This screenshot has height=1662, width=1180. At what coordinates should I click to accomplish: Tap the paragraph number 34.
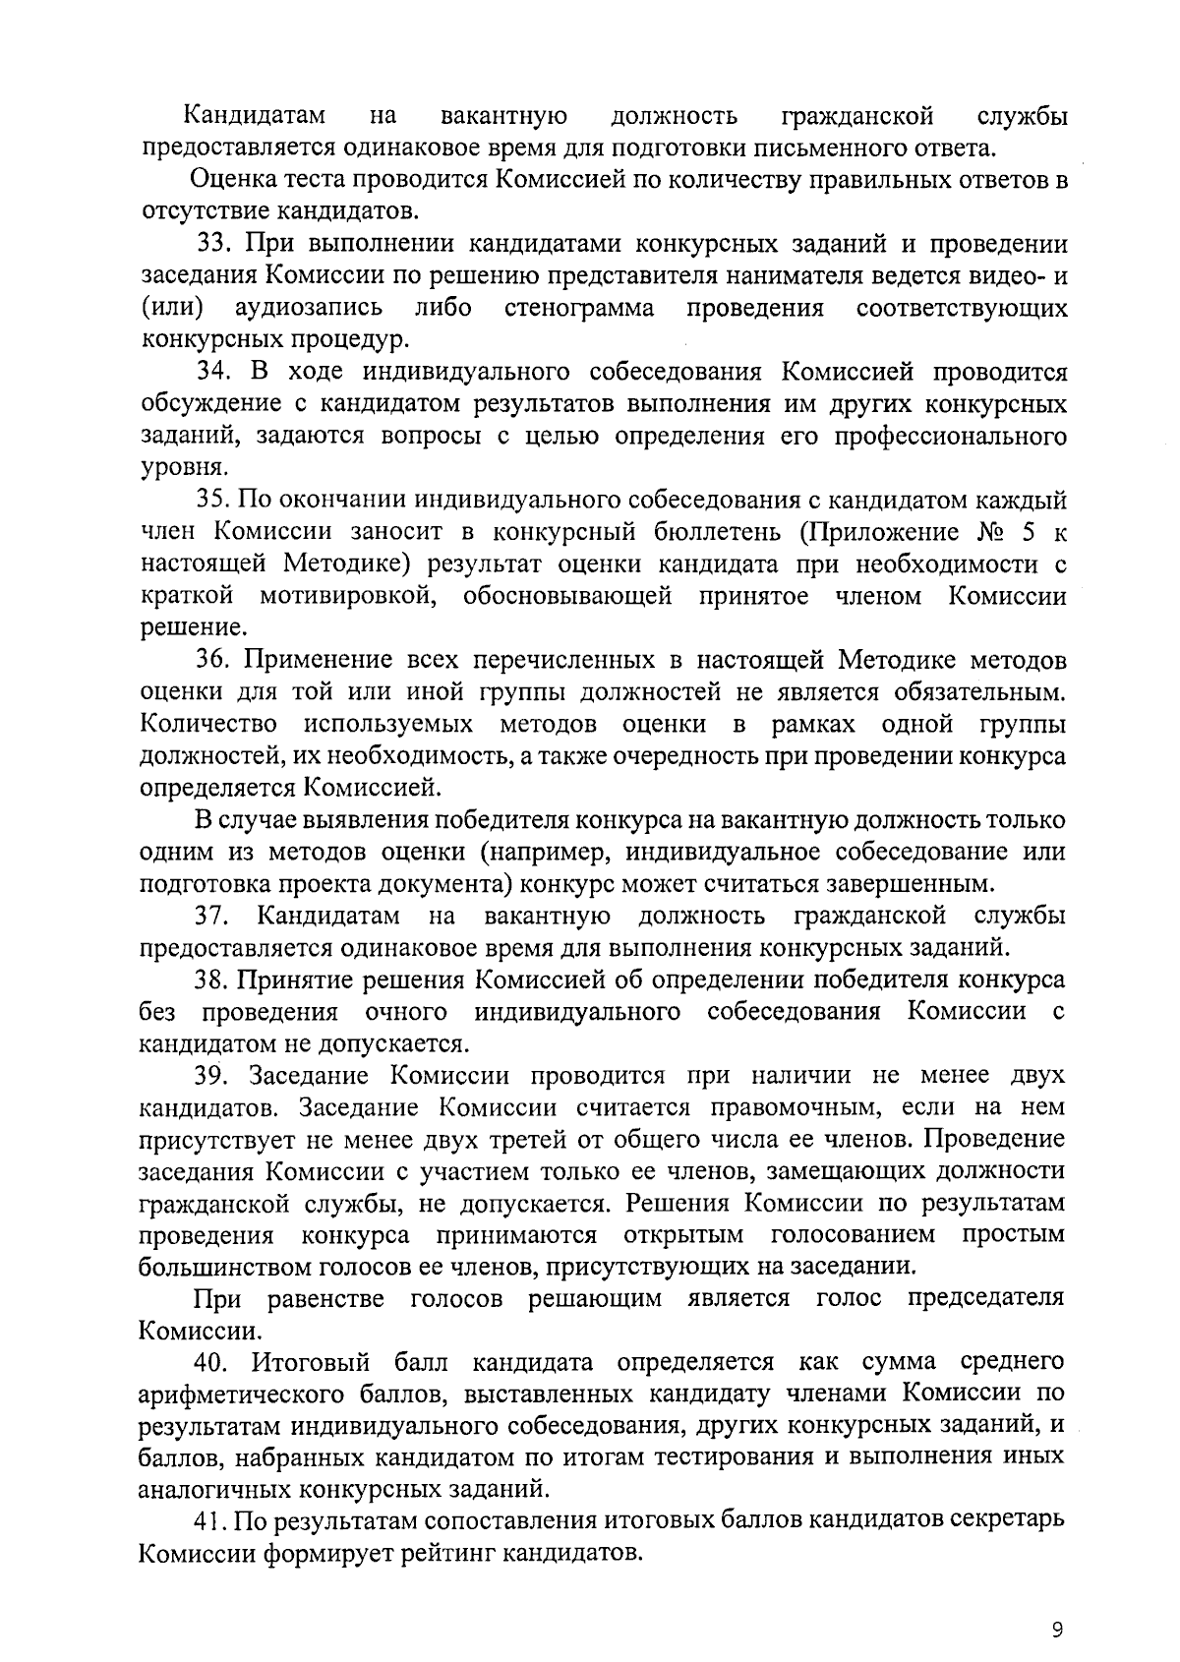(213, 372)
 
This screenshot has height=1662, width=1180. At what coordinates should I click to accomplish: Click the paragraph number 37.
(212, 917)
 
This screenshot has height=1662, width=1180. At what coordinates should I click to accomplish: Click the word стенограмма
(579, 308)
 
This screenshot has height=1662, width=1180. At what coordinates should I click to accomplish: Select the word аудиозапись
(309, 308)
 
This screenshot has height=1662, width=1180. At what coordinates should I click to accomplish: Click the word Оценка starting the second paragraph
(227, 180)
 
